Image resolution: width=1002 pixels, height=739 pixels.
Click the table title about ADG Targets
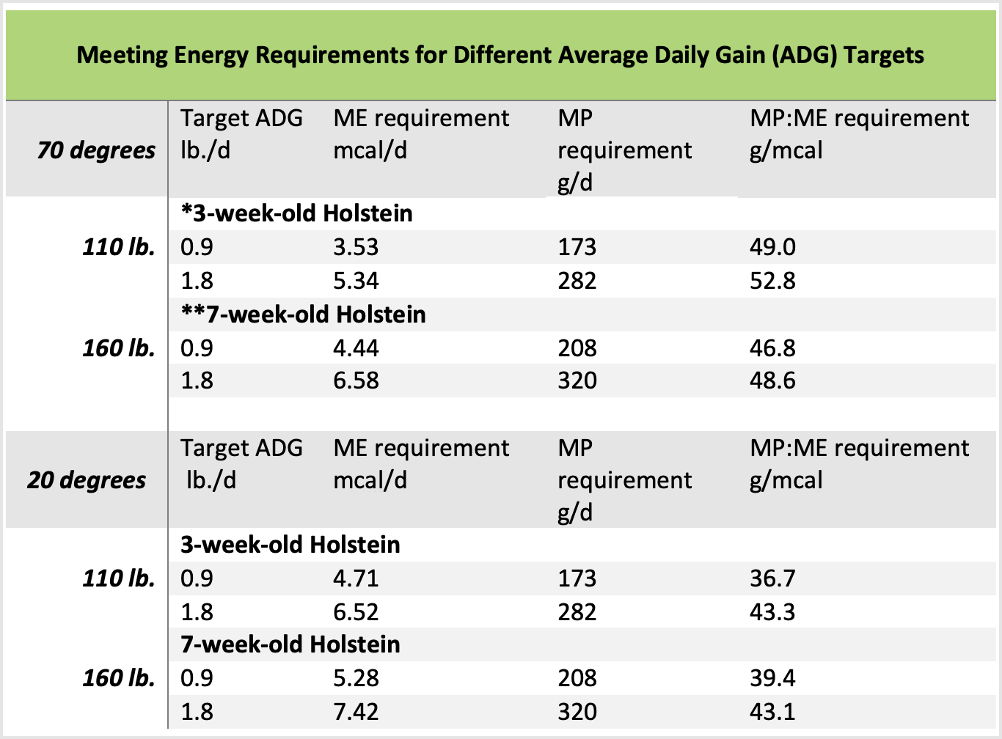(x=500, y=55)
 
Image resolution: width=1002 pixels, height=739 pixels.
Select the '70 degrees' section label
(x=96, y=150)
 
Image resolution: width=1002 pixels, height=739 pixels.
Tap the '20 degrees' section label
(x=87, y=480)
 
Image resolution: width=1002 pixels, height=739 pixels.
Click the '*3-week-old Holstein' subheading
(x=296, y=213)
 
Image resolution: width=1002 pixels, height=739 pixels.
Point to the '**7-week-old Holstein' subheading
(x=303, y=315)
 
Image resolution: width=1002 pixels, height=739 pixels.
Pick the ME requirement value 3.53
(x=356, y=247)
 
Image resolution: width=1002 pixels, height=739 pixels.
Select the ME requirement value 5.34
(x=356, y=281)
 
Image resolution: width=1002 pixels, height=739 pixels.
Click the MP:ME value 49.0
(x=772, y=247)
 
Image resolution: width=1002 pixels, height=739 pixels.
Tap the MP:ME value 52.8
(x=772, y=281)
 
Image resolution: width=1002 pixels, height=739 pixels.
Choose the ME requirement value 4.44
(x=356, y=348)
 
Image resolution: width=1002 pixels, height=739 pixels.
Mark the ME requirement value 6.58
(x=356, y=380)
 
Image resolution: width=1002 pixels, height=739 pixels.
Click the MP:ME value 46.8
(x=772, y=348)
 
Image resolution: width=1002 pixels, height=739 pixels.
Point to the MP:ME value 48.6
(x=772, y=380)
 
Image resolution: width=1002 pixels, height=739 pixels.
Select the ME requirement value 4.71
(x=356, y=578)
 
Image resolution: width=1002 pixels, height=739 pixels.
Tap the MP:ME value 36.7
(x=772, y=578)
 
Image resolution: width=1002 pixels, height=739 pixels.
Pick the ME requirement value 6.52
(x=356, y=612)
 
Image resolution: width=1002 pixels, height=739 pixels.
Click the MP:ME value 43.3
(x=772, y=612)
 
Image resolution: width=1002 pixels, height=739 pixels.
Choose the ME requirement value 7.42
(x=356, y=712)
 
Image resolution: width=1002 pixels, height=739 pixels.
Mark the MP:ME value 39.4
(x=772, y=678)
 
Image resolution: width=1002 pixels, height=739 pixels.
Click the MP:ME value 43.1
(x=772, y=712)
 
